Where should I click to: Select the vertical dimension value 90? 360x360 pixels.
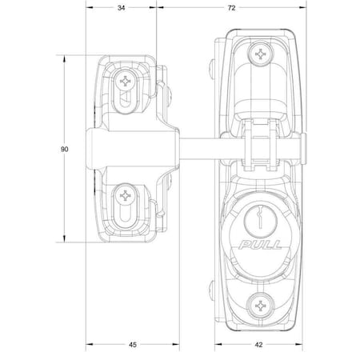click(63, 149)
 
